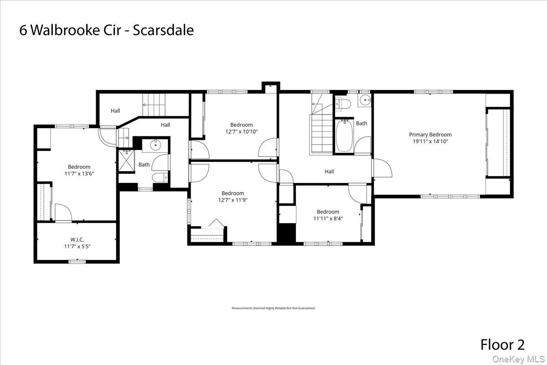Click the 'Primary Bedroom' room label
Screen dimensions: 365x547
(430, 135)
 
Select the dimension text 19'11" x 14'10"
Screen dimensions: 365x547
(430, 141)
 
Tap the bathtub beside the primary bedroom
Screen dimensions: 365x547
(344, 136)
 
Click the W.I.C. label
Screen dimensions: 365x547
(77, 240)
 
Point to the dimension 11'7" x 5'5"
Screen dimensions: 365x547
(77, 246)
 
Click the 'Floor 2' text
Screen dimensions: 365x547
(502, 344)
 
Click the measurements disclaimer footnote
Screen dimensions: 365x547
(273, 308)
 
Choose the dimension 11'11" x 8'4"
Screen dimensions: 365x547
(328, 219)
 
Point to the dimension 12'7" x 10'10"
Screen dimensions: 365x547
(241, 132)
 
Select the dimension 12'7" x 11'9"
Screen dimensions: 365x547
(232, 200)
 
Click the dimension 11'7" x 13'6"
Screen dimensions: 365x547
(79, 173)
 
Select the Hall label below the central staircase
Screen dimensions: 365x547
(329, 172)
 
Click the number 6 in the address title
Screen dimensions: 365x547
(23, 30)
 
